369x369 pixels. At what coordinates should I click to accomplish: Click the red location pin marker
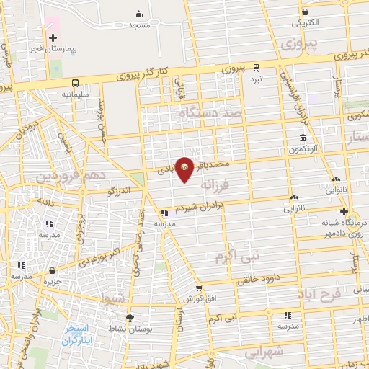coord(185,169)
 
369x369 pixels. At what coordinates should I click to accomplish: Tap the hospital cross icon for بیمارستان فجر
coord(53,37)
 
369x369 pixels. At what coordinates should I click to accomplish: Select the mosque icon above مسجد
coord(138,14)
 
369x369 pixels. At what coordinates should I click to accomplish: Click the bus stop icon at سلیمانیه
coord(75,83)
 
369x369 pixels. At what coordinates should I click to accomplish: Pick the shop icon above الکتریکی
coord(306,12)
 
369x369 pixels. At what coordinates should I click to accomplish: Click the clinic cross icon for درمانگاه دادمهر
coord(344,212)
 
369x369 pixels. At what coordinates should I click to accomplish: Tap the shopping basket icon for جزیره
coord(53,270)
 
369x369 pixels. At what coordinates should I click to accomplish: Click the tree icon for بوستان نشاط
coord(130,318)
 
